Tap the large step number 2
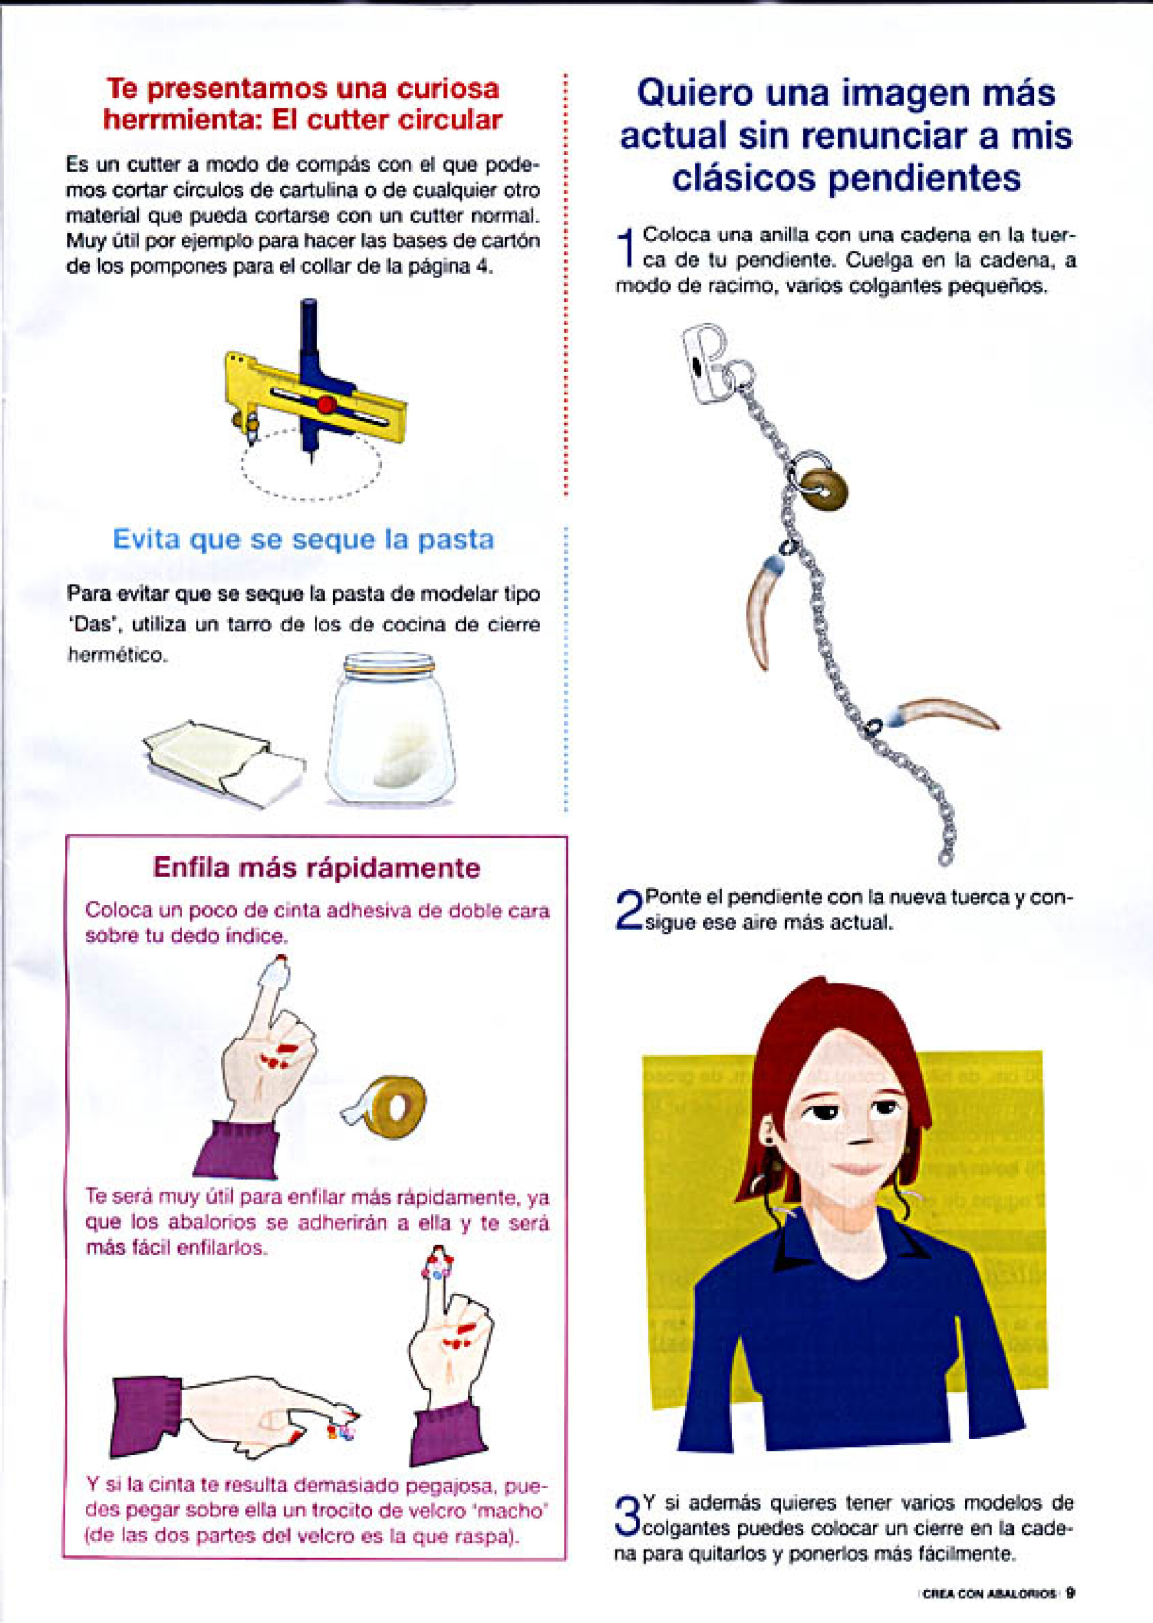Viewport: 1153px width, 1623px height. [x=628, y=912]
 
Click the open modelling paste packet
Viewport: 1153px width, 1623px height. [x=224, y=763]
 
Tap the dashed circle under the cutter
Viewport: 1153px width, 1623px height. [x=311, y=464]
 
